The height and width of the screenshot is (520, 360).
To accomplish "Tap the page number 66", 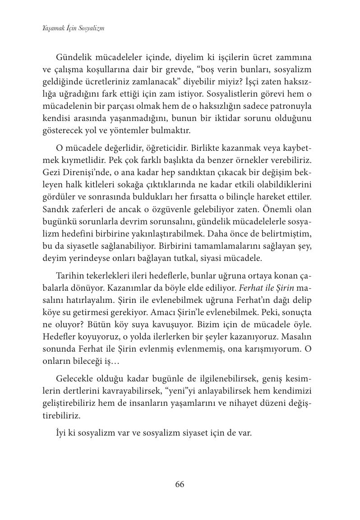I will [180, 484].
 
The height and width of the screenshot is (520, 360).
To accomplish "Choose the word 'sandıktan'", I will [179, 172].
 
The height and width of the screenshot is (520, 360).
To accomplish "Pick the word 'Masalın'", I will [296, 337].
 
